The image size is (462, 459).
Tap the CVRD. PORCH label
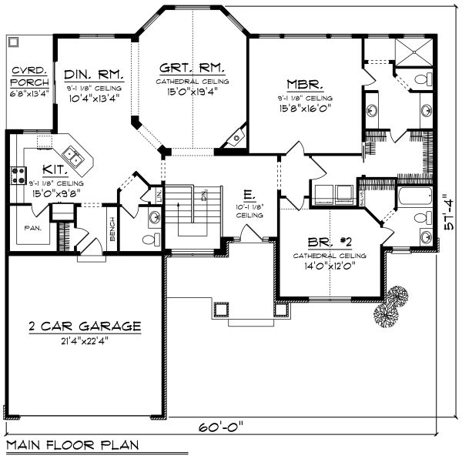tap(28, 78)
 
